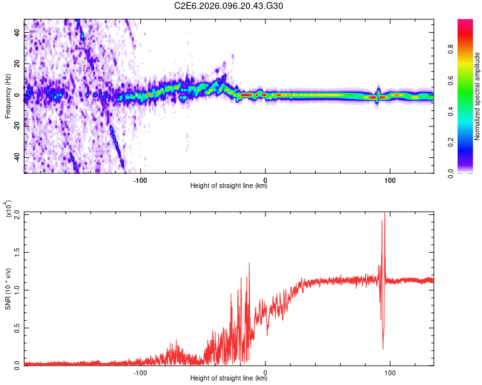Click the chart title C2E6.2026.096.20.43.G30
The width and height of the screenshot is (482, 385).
(x=229, y=6)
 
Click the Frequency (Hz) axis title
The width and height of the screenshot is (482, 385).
(x=8, y=96)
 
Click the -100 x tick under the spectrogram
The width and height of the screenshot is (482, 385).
(x=141, y=180)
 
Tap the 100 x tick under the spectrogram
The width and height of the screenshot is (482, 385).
(x=389, y=180)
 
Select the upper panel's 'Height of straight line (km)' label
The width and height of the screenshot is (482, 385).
(x=229, y=186)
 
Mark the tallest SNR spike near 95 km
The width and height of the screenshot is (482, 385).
(x=384, y=213)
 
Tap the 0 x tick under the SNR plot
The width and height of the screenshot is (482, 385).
(x=265, y=372)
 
